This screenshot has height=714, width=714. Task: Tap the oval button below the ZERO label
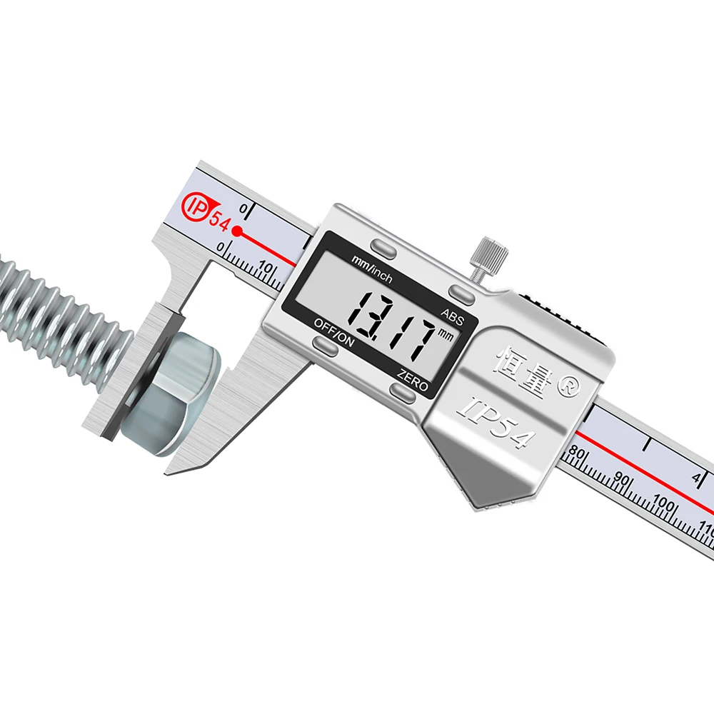403,391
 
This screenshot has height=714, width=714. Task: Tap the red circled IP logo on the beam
195,206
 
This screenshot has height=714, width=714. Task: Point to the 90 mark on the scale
623,479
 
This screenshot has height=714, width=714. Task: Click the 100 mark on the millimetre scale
664,503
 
